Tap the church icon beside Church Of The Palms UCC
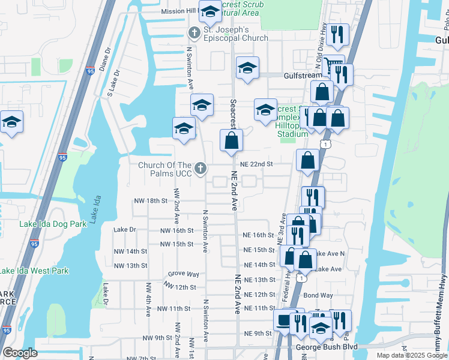point(201,168)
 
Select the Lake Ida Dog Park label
point(53,224)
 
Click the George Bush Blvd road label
point(326,347)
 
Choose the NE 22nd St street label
point(256,164)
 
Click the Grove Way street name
point(184,274)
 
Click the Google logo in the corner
point(20,353)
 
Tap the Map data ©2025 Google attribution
point(411,355)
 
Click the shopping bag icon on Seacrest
point(231,142)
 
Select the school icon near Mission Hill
point(211,11)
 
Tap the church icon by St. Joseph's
point(194,32)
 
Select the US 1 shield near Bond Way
point(301,278)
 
